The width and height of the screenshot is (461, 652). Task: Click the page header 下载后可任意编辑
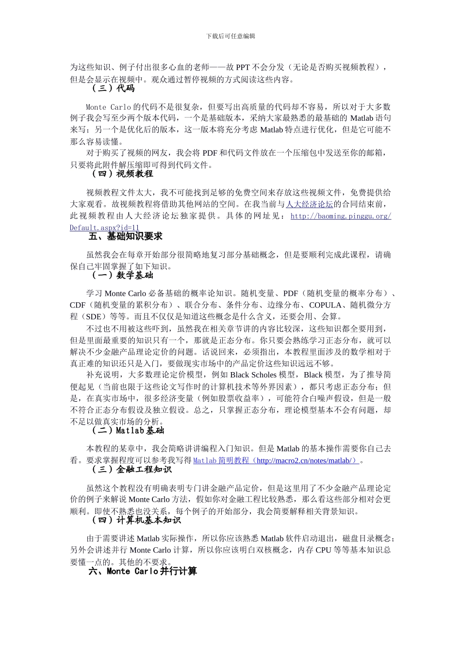click(x=230, y=36)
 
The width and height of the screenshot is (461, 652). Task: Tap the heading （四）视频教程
click(x=122, y=174)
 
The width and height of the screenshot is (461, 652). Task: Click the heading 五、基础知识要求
click(x=125, y=236)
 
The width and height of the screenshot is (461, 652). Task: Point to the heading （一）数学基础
click(x=122, y=275)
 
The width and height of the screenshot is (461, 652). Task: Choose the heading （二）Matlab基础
click(x=127, y=430)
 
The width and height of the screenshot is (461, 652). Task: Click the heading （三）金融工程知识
click(x=131, y=469)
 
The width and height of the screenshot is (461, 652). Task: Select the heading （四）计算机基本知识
click(x=136, y=520)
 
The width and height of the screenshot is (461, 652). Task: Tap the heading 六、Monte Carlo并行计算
click(x=143, y=571)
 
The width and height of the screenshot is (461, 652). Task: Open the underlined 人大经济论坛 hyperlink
click(x=310, y=204)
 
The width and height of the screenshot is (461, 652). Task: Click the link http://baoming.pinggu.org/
click(x=341, y=216)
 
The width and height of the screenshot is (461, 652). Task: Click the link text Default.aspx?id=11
click(x=104, y=228)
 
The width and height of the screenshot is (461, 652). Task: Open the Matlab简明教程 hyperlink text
click(x=221, y=460)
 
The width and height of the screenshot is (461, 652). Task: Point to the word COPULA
click(x=325, y=305)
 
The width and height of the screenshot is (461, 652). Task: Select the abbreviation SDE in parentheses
click(x=94, y=317)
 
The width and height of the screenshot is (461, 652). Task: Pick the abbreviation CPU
click(x=324, y=550)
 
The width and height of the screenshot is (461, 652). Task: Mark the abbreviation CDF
click(x=78, y=305)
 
